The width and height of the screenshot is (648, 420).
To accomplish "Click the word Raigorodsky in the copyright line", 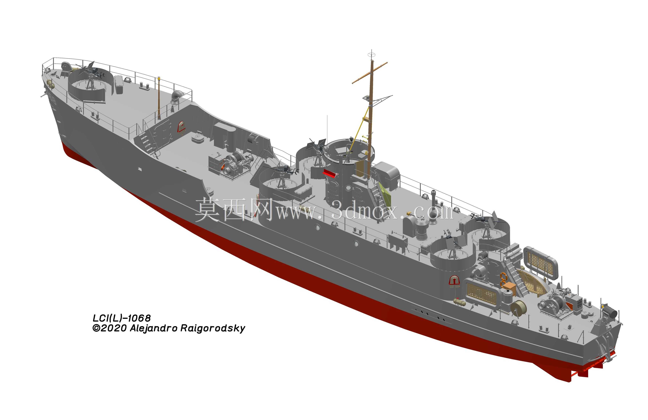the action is pos(213,328).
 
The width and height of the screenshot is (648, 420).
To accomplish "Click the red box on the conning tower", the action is pos(330,173).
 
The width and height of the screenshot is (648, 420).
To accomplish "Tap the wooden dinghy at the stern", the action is pos(531,281).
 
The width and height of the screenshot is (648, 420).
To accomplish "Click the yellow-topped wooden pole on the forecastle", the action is pos(159,98).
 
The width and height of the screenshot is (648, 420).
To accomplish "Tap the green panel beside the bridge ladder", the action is pos(385,194).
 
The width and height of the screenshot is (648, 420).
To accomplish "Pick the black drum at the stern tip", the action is pos(611,312).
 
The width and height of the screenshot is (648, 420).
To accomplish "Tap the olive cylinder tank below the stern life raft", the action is pos(459,302).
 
